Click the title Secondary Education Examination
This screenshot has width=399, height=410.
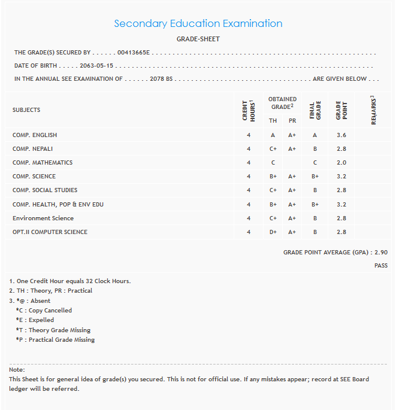click(198, 24)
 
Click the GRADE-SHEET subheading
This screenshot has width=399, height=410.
click(198, 39)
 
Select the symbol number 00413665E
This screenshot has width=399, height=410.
click(134, 53)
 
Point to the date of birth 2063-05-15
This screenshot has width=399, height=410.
click(96, 66)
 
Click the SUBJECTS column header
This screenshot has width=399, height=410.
click(26, 110)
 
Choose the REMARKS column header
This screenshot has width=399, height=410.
click(373, 110)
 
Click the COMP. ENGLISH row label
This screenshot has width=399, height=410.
click(35, 135)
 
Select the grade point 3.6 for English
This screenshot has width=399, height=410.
click(341, 135)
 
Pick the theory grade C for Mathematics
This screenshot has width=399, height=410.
click(273, 163)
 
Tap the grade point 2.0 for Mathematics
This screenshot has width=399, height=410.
click(341, 163)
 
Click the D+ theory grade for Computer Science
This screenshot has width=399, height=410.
click(273, 232)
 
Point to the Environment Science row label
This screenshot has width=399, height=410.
click(43, 218)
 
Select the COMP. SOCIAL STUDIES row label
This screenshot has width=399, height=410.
click(45, 190)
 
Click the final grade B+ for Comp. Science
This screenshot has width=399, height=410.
click(315, 177)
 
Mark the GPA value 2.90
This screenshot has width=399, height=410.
click(380, 253)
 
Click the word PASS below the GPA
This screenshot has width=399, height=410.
click(381, 265)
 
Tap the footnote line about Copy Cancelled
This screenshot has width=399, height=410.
click(44, 311)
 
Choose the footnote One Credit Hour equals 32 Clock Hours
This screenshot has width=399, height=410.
click(70, 281)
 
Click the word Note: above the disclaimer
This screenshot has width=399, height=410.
click(17, 370)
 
